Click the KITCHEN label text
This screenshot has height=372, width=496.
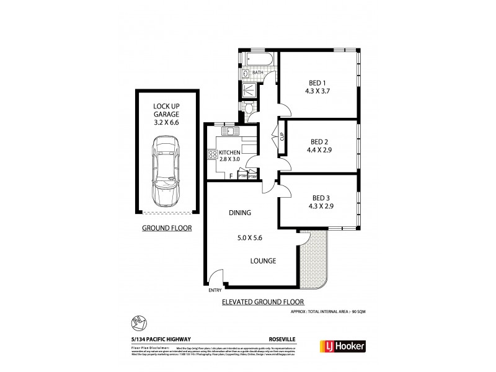[x=229, y=153]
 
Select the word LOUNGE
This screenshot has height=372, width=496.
[x=263, y=261]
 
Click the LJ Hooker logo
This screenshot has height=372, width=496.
[x=342, y=346]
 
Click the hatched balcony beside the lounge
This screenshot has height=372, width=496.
[x=314, y=260]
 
